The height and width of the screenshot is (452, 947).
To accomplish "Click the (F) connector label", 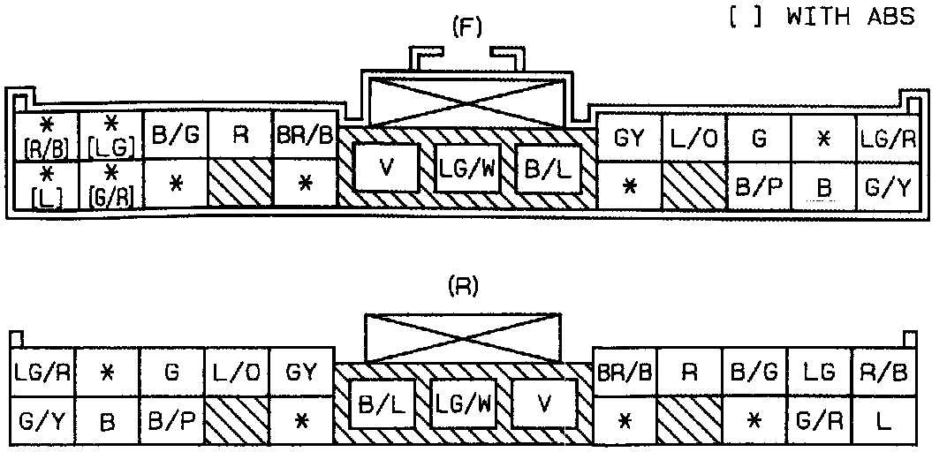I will click(466, 27).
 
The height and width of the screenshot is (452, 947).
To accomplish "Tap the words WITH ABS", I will click(850, 17).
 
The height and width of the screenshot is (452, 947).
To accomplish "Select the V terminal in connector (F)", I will click(385, 169).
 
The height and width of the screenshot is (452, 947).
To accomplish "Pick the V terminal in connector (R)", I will click(544, 405).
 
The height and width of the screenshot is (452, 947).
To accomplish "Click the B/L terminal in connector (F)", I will click(548, 169).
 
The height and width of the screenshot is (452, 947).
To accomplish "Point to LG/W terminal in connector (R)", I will click(463, 405).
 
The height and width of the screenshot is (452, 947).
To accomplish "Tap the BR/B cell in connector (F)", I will click(306, 137).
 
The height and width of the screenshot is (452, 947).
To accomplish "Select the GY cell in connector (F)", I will click(629, 139).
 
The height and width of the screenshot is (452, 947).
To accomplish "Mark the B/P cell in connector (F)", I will click(759, 187).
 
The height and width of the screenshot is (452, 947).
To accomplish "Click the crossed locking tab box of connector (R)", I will click(463, 336).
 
